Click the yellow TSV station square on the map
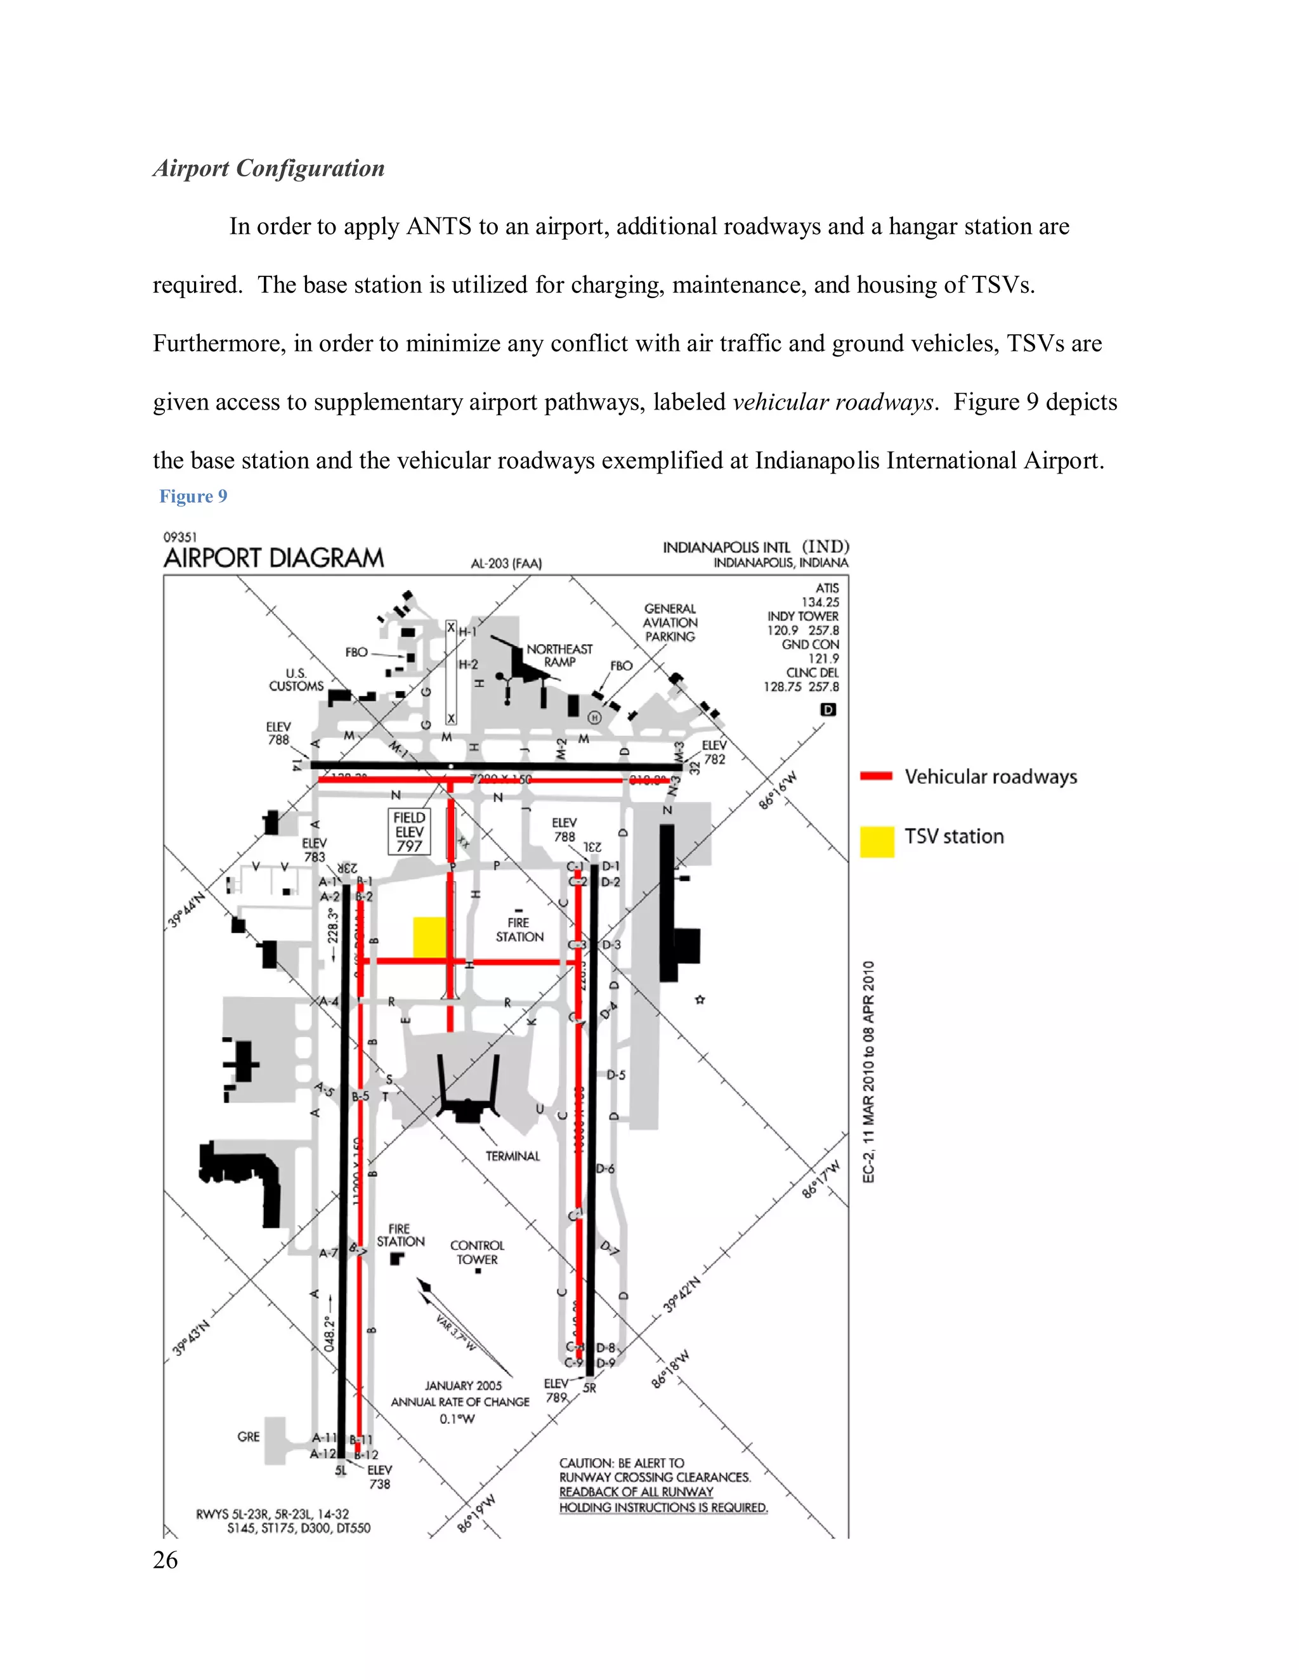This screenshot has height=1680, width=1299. click(429, 937)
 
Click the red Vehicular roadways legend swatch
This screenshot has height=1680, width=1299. click(876, 776)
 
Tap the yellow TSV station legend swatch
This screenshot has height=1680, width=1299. click(877, 841)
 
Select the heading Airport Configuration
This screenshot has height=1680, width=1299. click(268, 168)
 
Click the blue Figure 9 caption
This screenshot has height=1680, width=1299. click(193, 496)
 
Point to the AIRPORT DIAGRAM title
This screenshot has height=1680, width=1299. click(273, 558)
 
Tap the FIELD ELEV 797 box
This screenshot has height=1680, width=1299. click(409, 832)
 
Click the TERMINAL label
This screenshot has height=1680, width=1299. click(512, 1156)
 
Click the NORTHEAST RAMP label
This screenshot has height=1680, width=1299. click(559, 656)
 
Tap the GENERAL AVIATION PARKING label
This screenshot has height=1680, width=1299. click(670, 623)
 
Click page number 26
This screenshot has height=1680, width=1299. click(166, 1560)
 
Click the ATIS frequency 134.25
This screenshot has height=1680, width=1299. click(820, 602)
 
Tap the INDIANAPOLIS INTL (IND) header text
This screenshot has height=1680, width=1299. click(755, 547)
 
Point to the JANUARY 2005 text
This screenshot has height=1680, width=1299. click(463, 1385)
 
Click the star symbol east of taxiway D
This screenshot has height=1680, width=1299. click(700, 1000)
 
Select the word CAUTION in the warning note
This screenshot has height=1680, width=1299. click(585, 1463)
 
